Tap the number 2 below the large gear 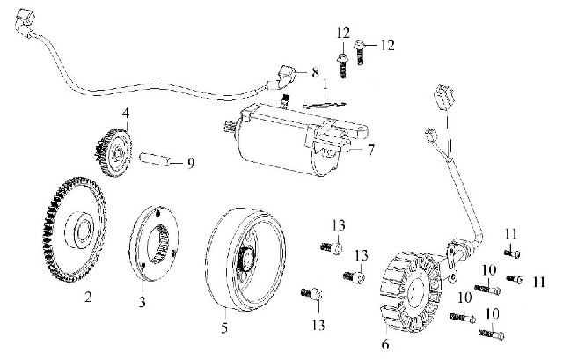point(88,297)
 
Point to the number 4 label point(126,114)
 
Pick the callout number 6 point(384,342)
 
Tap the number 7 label point(371,150)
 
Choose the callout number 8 point(315,72)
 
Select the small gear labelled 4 point(113,151)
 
